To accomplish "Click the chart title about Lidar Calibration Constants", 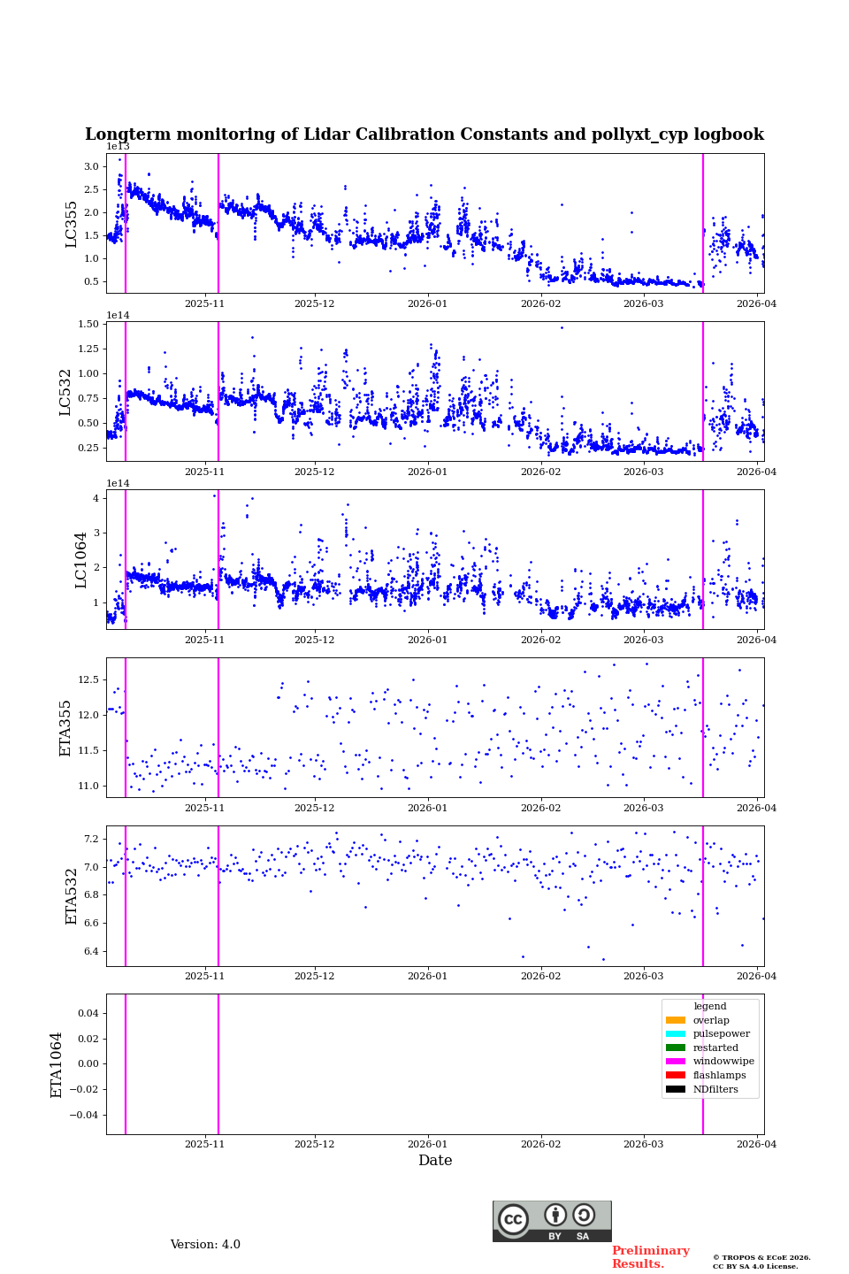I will coord(424,134).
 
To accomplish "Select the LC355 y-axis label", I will coord(72,224).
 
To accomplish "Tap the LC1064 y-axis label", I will coord(80,560).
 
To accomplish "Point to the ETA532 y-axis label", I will coord(72,896).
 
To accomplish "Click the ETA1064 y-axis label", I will coord(57,1064).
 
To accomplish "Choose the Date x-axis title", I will coord(435,1161).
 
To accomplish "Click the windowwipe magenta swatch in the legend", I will coord(676,1062).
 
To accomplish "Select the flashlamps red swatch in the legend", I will coord(676,1076).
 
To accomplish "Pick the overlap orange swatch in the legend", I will coord(676,1020).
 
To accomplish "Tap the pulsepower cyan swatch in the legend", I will coord(676,1034).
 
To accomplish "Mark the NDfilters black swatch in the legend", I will coord(676,1090).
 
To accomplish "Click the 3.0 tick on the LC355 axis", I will coord(91,166).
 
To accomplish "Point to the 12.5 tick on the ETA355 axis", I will coord(88,679).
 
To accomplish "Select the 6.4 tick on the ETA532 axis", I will coord(91,952).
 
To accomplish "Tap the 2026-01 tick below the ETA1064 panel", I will coord(428,1144).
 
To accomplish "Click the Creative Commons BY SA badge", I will coord(552,1221).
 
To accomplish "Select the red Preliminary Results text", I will coord(650,1257).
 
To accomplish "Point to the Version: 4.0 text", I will coord(205,1245).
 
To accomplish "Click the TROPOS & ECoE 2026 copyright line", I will coord(761,1258).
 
